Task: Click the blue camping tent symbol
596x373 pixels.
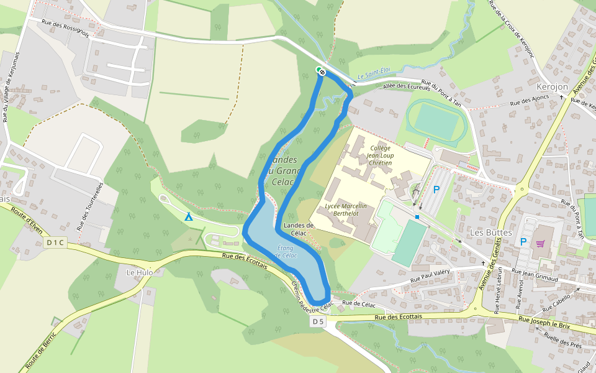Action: coord(189,216)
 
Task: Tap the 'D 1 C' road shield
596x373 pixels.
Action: coord(55,242)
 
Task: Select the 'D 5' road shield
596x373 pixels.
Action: coord(318,321)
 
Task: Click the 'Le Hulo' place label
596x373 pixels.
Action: coord(139,272)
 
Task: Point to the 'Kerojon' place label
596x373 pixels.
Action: coord(553,87)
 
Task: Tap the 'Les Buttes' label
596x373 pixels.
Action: coord(491,232)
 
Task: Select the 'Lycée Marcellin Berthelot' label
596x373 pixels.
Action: coord(346,210)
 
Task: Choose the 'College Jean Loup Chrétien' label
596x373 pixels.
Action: coord(381,155)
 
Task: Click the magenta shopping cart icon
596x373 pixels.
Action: coord(540,243)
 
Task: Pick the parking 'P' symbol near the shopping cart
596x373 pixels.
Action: coord(523,241)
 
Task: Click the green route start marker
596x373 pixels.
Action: coord(320,70)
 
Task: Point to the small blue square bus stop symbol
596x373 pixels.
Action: coord(418,217)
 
